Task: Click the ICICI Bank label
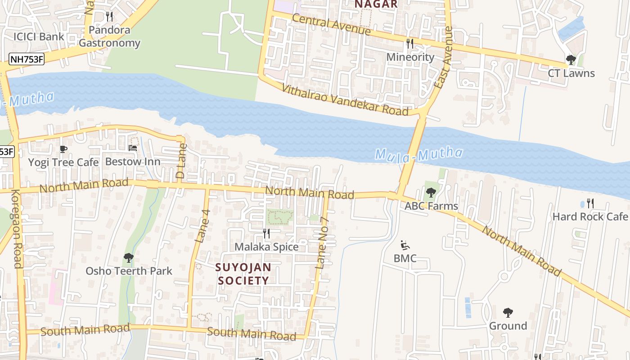point(39,37)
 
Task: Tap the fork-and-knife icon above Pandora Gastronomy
point(109,17)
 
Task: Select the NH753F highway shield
point(27,59)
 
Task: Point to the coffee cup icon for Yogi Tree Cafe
point(63,149)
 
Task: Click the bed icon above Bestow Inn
point(133,148)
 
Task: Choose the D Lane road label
point(180,161)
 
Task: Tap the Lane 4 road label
point(202,226)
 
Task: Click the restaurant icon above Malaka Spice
point(266,233)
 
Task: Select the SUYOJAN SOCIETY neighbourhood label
point(243,274)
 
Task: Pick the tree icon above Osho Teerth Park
point(129,258)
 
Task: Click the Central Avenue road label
point(331,24)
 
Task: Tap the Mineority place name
point(410,57)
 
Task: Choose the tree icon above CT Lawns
point(571,60)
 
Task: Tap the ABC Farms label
point(431,206)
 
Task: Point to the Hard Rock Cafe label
point(590,217)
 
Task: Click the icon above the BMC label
point(405,245)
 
